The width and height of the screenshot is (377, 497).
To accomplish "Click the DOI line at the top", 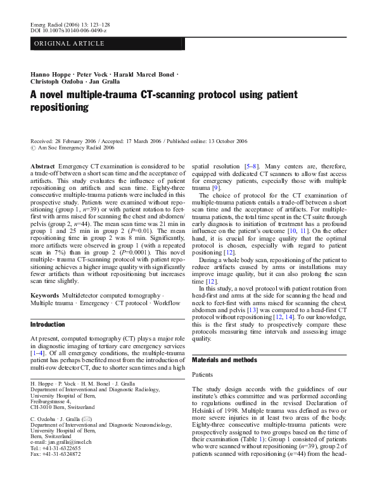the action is pyautogui.click(x=69, y=30).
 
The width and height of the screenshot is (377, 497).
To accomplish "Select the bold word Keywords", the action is pyautogui.click(x=46, y=295).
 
